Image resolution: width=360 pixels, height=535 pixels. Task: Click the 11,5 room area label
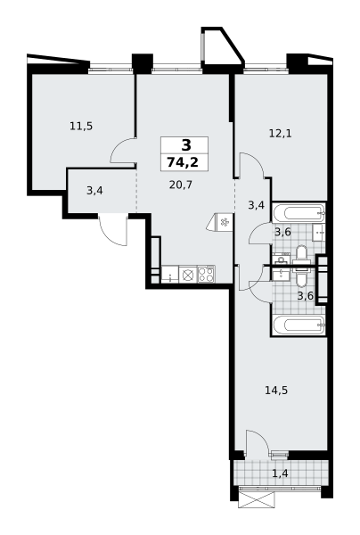click(x=81, y=127)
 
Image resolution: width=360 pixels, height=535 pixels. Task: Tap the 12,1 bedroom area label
click(x=280, y=134)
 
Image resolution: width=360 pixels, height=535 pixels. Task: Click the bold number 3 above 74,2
click(x=186, y=145)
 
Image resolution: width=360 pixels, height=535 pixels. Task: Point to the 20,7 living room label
click(x=181, y=185)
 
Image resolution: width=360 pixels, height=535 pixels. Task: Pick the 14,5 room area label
click(x=276, y=390)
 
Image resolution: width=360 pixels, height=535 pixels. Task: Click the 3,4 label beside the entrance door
click(x=94, y=191)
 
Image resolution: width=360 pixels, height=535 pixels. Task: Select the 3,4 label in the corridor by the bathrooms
click(x=257, y=205)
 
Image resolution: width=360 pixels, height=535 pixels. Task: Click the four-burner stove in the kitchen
click(x=206, y=274)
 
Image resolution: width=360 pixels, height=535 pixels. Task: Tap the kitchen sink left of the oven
click(x=170, y=275)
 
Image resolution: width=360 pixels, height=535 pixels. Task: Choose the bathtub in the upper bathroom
click(x=299, y=213)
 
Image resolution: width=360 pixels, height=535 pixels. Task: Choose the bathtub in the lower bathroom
click(x=299, y=325)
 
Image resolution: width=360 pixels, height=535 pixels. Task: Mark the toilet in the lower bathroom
click(x=301, y=277)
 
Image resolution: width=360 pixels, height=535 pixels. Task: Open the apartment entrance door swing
click(x=113, y=230)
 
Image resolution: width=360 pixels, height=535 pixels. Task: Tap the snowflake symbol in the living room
click(x=224, y=222)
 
